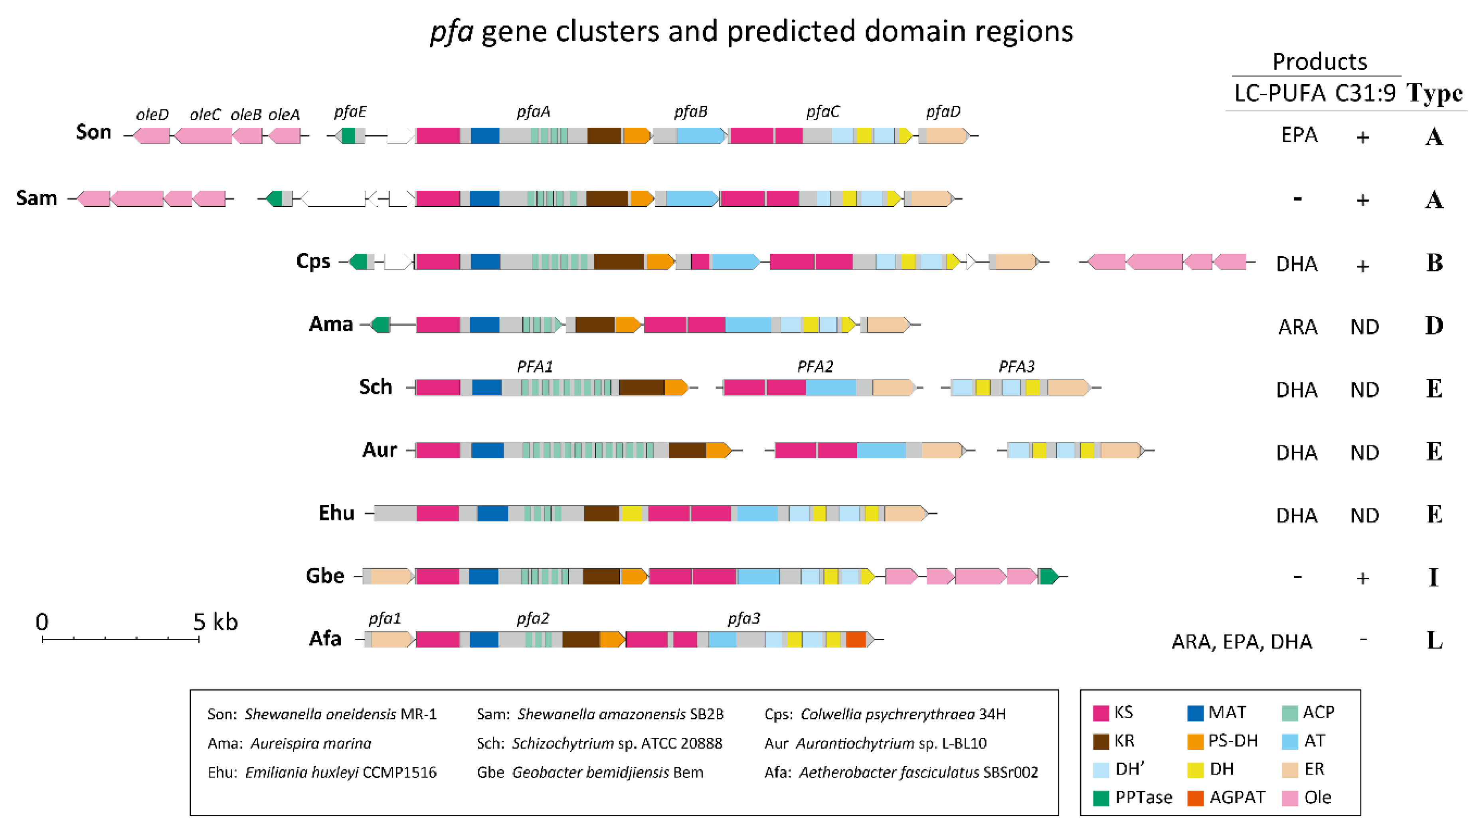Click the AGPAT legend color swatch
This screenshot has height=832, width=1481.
tap(1195, 798)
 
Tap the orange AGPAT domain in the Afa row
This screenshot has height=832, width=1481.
tap(856, 640)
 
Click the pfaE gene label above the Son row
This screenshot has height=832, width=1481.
tap(350, 112)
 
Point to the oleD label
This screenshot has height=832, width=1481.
tap(152, 115)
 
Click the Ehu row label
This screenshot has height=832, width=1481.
tap(336, 513)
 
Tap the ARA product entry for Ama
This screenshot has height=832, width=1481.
tap(1297, 327)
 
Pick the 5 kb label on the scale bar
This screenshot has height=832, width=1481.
tap(215, 622)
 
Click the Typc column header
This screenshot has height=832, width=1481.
tap(1434, 93)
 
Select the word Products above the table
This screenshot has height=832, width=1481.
tap(1319, 61)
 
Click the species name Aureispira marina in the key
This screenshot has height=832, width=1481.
tap(310, 743)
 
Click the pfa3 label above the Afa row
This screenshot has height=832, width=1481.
tap(744, 619)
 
